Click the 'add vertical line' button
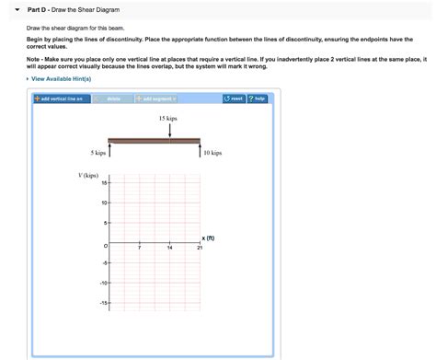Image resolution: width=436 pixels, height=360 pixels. click(x=58, y=99)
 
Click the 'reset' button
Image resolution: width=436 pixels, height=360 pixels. click(x=233, y=99)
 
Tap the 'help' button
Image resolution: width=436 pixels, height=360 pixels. click(x=258, y=99)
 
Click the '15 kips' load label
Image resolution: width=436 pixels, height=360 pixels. click(x=168, y=120)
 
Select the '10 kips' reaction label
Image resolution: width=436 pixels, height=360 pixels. click(x=212, y=154)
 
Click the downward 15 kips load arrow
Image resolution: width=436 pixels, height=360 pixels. click(x=169, y=132)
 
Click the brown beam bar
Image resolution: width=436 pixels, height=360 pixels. click(x=154, y=141)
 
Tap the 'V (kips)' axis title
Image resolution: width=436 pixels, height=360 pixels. click(x=89, y=175)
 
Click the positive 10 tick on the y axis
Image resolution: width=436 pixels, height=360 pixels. click(x=105, y=203)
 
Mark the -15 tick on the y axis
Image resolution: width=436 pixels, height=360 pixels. click(x=104, y=303)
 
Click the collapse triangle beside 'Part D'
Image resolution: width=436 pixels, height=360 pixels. click(x=17, y=9)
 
